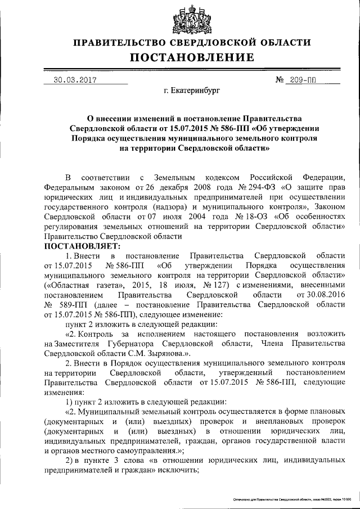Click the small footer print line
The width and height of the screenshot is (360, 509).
point(292,499)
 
